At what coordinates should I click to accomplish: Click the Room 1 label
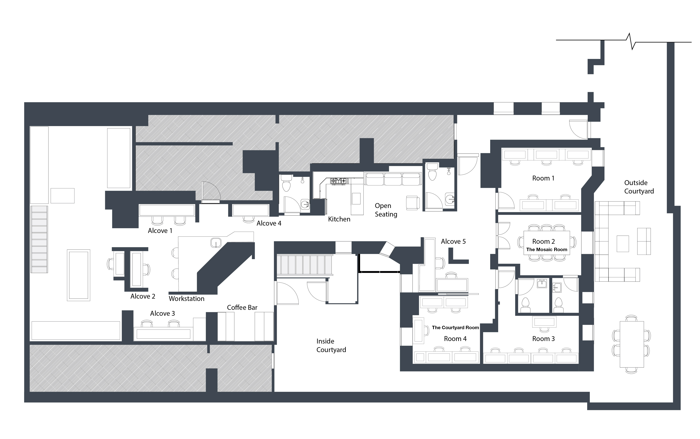[x=543, y=178]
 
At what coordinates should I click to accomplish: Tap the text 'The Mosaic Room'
[x=547, y=249]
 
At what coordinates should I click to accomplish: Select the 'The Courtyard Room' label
[x=455, y=328]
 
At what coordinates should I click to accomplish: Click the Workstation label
[x=186, y=298]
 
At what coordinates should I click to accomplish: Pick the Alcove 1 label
[x=160, y=231]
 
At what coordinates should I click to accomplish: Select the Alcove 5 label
[x=453, y=241]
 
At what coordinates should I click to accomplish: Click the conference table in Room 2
[x=547, y=243]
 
